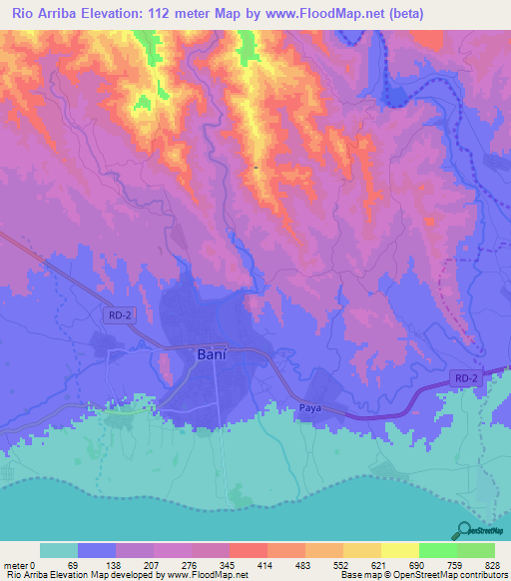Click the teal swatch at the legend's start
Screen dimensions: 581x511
point(59,551)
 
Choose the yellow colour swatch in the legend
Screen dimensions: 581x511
point(399,551)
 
